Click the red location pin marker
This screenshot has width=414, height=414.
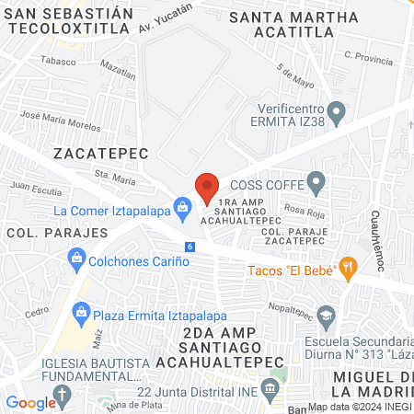point(206,188)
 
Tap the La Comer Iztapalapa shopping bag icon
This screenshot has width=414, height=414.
point(183,209)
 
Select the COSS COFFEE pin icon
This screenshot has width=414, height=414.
point(316,182)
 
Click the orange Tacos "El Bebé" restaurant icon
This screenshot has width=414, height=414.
point(348,270)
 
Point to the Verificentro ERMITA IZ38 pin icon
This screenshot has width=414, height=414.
point(337,115)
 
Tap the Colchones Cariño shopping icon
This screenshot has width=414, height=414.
point(76,261)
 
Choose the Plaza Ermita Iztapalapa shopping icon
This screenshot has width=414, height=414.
point(82,313)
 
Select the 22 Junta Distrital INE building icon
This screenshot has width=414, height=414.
point(270,390)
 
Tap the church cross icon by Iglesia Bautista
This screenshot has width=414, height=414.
point(62,397)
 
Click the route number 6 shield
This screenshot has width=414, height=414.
point(190,247)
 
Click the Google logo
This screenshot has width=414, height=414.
point(30,402)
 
